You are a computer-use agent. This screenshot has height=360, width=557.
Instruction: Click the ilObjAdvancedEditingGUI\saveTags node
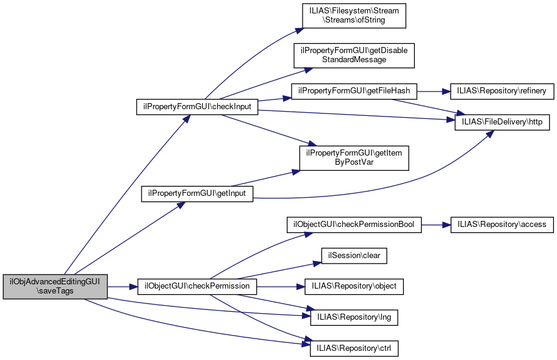pos(55,286)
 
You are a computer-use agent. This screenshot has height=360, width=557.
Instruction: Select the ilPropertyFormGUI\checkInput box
pos(197,106)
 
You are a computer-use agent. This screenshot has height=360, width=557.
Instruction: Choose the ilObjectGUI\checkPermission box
pos(197,286)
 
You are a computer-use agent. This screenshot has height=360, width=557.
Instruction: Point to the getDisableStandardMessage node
pos(354,55)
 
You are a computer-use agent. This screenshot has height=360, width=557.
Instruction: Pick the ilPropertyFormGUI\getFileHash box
pos(354,91)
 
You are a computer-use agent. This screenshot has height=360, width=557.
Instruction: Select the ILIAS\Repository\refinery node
pos(501,91)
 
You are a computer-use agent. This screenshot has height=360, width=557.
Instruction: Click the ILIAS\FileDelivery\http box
pos(502,122)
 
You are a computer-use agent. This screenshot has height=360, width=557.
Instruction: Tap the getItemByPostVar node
pos(354,157)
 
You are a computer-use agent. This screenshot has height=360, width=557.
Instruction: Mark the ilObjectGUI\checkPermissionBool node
pos(354,225)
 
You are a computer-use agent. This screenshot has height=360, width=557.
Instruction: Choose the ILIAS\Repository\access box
pos(501,225)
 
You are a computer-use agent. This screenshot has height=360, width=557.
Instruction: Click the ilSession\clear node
pos(354,255)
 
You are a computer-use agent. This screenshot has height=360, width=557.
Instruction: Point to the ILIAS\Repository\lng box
pos(354,317)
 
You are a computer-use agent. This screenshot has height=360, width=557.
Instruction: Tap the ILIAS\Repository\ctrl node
pos(354,348)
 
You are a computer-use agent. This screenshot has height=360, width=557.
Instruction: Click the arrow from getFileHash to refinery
pos(434,91)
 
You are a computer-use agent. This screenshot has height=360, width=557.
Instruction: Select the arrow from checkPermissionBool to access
pos(435,225)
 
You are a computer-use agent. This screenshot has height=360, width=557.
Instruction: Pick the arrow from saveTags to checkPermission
pos(122,286)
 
